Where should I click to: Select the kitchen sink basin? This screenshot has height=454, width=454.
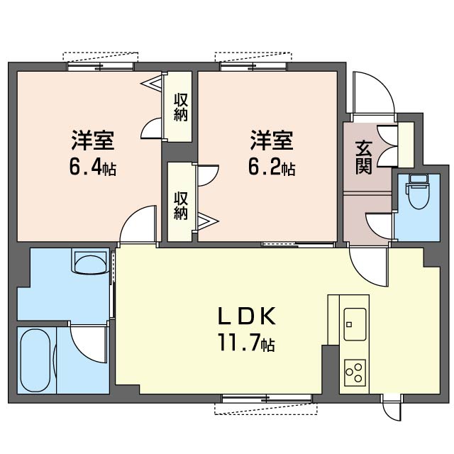click(355, 324)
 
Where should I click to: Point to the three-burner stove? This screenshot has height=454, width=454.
click(355, 372)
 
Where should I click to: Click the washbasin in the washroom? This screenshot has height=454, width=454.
click(90, 262)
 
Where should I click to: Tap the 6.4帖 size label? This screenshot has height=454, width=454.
click(93, 168)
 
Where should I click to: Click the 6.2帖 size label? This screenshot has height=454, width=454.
click(272, 168)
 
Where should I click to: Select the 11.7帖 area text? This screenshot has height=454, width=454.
click(246, 343)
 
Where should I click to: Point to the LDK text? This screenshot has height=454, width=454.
click(246, 316)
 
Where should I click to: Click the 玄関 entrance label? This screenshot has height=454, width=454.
click(363, 157)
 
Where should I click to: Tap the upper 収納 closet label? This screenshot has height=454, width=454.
click(181, 107)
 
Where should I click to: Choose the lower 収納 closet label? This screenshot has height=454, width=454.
click(181, 206)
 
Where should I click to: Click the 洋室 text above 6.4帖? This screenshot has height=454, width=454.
click(93, 140)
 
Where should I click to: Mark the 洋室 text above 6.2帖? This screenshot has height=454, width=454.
click(272, 140)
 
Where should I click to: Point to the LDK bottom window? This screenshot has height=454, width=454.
click(267, 399)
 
